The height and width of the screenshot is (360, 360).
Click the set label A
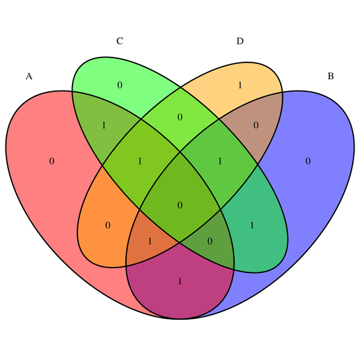[29, 76]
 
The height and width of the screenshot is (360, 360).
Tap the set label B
[331, 76]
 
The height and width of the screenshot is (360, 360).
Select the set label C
[119, 41]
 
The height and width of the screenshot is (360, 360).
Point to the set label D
[240, 41]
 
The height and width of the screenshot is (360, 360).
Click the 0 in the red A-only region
[52, 161]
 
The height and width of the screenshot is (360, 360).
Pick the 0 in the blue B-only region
[308, 161]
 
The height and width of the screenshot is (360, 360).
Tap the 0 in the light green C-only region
[119, 85]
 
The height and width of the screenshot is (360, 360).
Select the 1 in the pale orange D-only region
[240, 85]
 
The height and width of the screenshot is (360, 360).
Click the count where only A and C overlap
[104, 125]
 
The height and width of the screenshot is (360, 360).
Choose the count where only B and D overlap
[256, 125]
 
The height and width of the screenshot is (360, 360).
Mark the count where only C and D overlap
[180, 117]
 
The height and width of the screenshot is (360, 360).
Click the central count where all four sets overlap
[180, 205]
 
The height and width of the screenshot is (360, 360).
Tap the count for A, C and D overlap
[139, 161]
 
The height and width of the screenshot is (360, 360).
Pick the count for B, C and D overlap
[220, 161]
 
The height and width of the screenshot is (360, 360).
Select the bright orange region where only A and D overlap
[108, 225]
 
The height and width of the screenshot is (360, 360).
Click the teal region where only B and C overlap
[252, 225]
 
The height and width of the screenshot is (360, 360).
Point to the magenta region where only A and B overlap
[180, 281]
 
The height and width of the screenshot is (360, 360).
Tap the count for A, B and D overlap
[149, 241]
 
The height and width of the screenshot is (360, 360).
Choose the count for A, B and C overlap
[210, 241]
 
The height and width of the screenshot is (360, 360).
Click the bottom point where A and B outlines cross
[180, 317]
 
